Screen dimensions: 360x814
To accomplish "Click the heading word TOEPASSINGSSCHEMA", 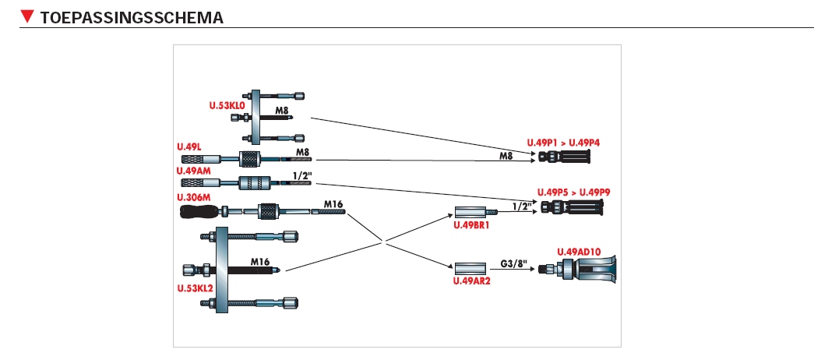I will (132, 16).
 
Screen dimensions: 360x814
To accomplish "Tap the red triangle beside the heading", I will (28, 16).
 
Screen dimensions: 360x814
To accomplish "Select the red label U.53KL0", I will (227, 104).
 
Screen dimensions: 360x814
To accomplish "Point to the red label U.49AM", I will (194, 171).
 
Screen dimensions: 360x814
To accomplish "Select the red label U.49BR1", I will (471, 225).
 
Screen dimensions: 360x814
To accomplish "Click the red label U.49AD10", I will (579, 251).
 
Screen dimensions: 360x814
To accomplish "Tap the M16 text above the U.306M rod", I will (333, 203).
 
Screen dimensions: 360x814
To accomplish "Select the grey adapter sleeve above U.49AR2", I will (470, 268).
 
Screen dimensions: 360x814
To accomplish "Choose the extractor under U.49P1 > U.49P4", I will (566, 157).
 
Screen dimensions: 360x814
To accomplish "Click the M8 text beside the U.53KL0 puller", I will (281, 111).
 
